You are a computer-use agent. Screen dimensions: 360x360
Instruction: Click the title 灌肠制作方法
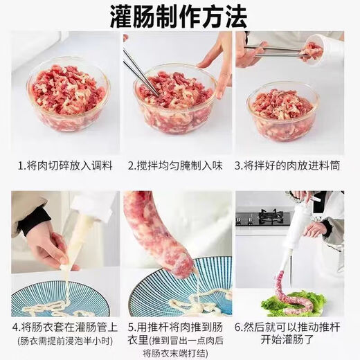click(179, 15)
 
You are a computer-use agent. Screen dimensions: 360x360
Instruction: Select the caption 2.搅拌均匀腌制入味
click(179, 166)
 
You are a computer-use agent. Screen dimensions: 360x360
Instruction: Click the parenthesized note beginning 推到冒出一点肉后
click(179, 340)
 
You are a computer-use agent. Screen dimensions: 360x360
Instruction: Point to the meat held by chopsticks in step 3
click(312, 49)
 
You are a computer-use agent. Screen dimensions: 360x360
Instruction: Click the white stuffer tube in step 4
click(79, 235)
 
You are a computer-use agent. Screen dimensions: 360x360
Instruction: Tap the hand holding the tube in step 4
click(45, 242)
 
